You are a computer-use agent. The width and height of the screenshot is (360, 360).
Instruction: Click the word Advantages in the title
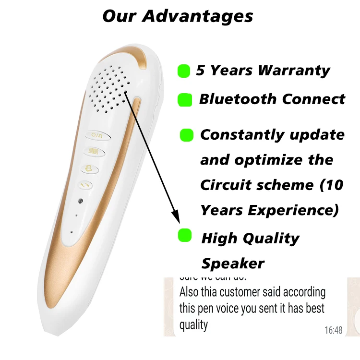point(198,16)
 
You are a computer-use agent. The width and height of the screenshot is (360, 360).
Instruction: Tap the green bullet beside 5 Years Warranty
point(184,71)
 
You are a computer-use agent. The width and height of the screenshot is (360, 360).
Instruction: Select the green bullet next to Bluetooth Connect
point(185,100)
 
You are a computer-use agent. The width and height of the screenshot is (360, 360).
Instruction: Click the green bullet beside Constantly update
point(186,135)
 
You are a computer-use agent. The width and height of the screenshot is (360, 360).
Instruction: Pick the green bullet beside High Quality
point(185,235)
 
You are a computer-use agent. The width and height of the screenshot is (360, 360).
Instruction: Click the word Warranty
point(294,71)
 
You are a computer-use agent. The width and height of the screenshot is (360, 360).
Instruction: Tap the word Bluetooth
point(238,99)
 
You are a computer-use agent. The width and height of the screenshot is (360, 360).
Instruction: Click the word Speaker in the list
point(233,263)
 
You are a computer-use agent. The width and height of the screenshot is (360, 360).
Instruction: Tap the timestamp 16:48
point(334,330)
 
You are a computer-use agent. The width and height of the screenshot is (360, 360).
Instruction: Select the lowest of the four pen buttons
point(85,183)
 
